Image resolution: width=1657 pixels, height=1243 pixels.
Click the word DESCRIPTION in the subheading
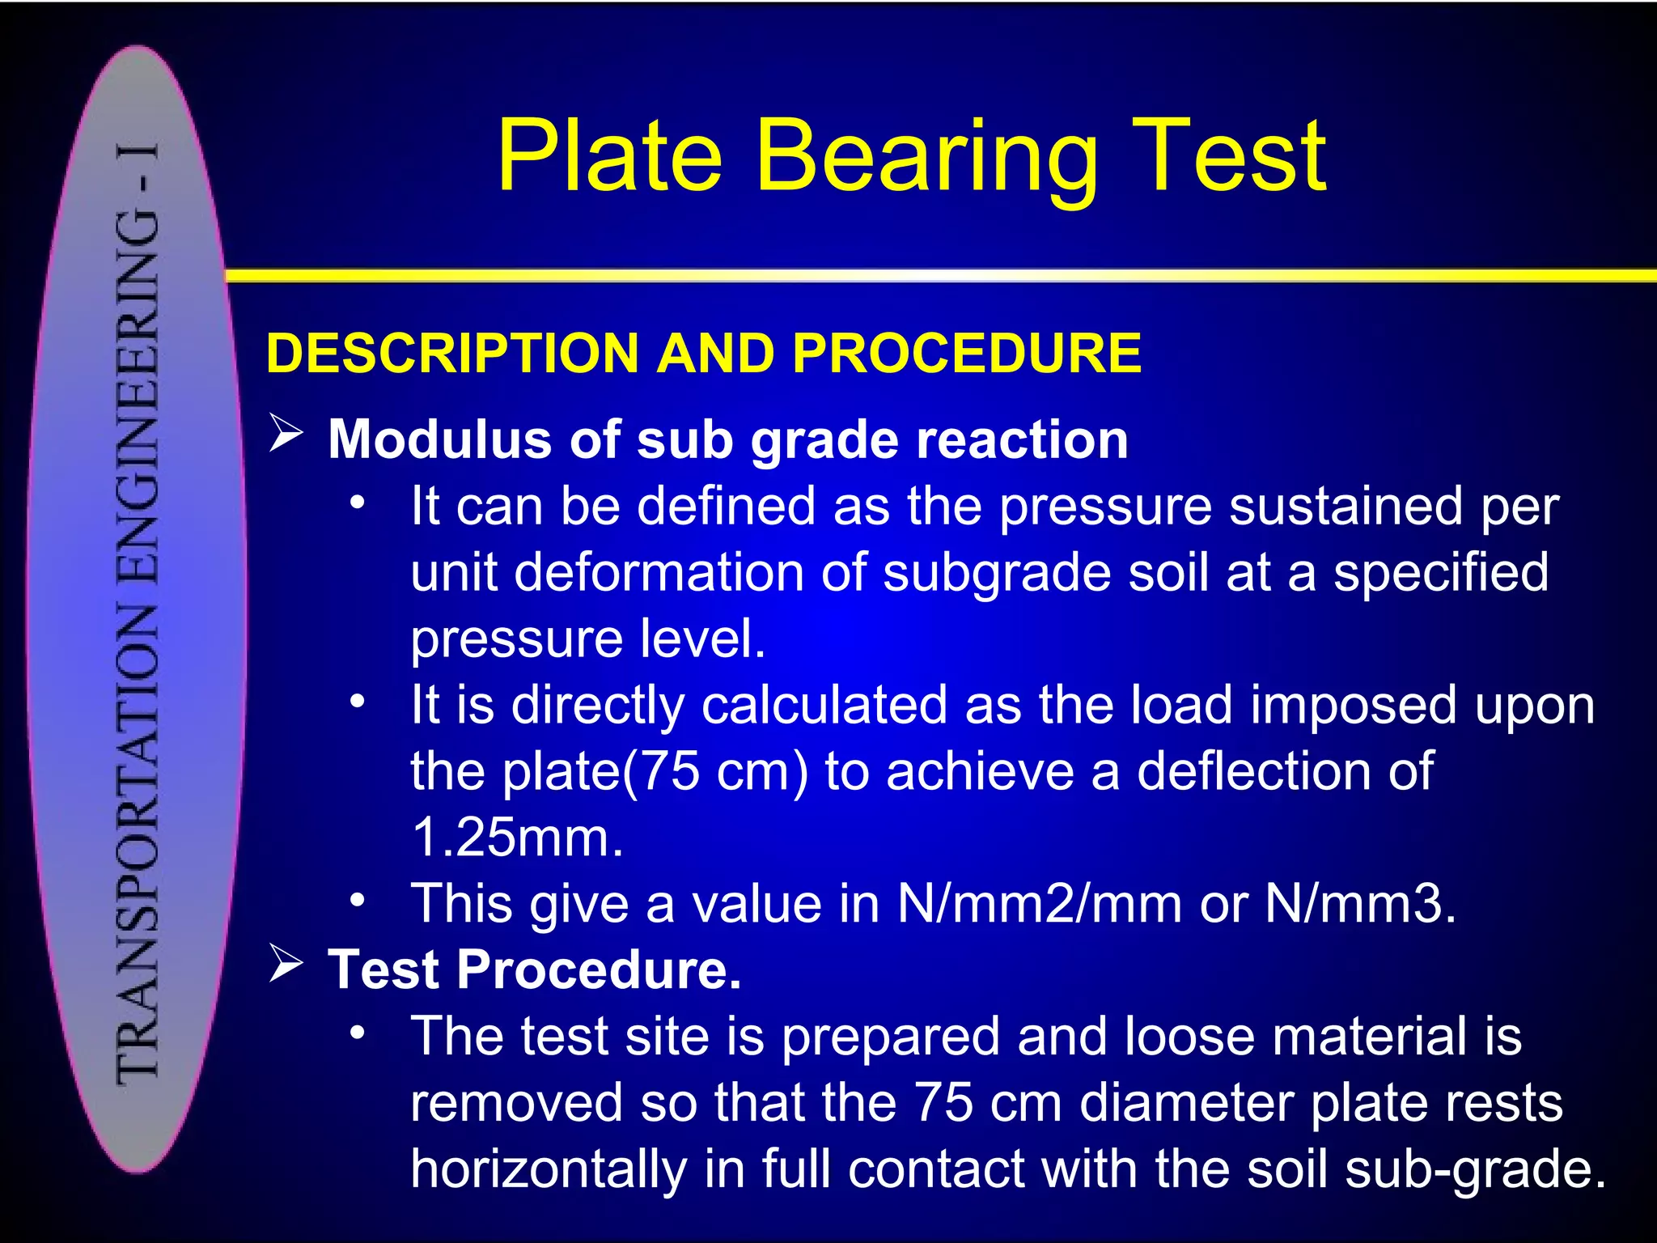click(453, 354)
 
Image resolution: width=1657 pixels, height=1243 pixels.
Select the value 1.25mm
click(517, 837)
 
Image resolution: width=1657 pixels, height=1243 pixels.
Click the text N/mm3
click(1359, 903)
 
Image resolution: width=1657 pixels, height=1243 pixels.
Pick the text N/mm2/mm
click(1039, 903)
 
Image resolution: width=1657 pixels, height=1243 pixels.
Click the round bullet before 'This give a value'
click(358, 899)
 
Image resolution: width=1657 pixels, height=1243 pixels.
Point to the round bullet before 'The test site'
click(358, 1032)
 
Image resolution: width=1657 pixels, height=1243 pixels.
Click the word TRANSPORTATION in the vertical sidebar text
click(138, 842)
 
